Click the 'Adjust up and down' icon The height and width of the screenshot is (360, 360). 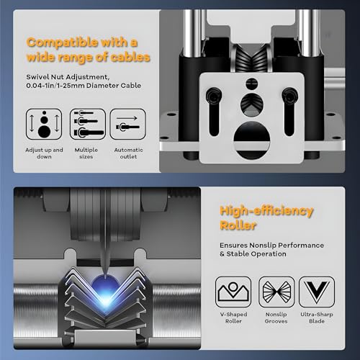(x=44, y=124)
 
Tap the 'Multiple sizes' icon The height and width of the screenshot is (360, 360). (x=88, y=124)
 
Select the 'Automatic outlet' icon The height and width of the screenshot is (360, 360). (x=128, y=124)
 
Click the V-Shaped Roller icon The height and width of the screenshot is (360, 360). (x=233, y=292)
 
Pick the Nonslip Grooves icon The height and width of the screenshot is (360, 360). (x=276, y=292)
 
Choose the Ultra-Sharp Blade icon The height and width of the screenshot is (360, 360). (x=317, y=292)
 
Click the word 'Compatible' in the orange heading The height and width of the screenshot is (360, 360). (x=63, y=42)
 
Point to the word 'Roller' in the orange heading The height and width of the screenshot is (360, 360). (x=238, y=225)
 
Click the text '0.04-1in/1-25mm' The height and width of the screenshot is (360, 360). (x=55, y=86)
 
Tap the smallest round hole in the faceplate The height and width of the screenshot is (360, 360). (x=252, y=84)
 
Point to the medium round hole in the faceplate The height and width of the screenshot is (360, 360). (x=252, y=105)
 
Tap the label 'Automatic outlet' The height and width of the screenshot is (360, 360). (x=128, y=153)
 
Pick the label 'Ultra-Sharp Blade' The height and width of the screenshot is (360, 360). (x=317, y=318)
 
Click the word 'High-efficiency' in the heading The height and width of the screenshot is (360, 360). (x=266, y=211)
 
